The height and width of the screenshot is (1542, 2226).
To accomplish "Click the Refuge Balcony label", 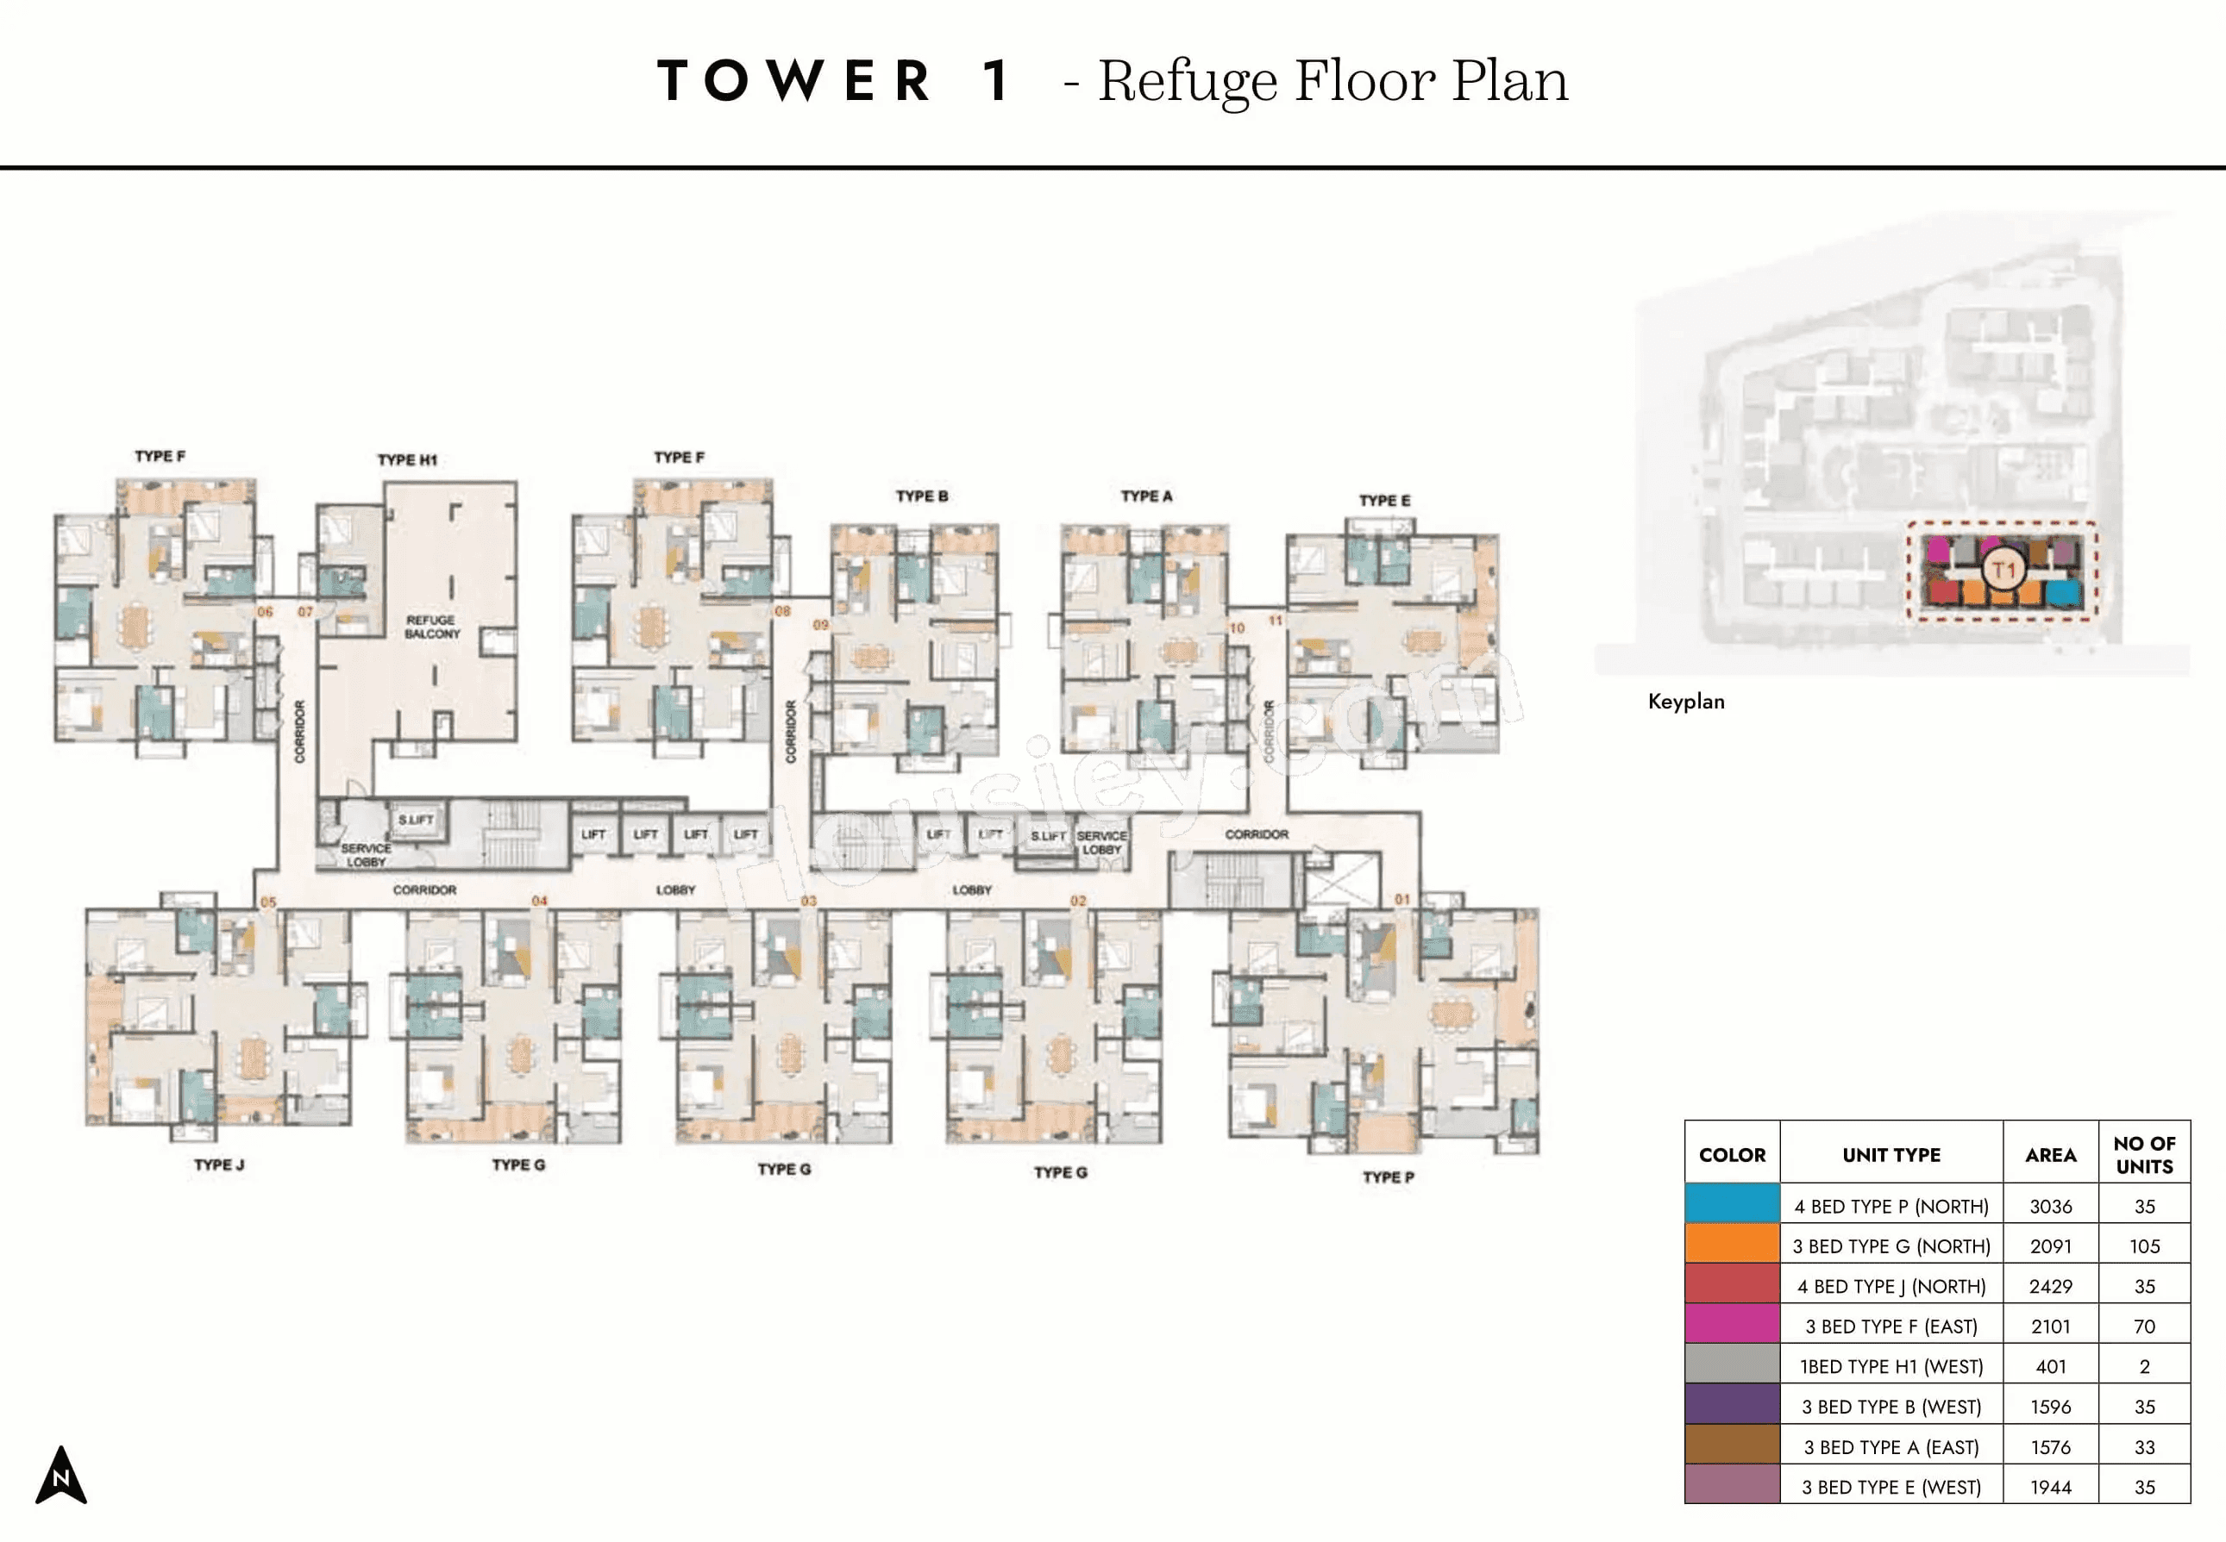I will [x=432, y=627].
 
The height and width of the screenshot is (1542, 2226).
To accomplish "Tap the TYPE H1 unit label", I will [x=407, y=460].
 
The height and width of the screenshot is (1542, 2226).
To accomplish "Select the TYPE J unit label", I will [x=218, y=1164].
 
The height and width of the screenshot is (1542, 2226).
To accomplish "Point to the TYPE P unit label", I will [x=1388, y=1177].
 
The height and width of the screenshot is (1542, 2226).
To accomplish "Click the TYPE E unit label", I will [x=1384, y=501].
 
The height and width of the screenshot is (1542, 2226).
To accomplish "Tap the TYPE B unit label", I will [x=921, y=496].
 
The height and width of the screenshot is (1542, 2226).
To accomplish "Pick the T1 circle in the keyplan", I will [x=2003, y=570].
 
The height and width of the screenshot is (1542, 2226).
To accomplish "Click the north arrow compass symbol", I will [x=61, y=1476].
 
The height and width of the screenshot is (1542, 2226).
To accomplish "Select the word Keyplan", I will [x=1686, y=702].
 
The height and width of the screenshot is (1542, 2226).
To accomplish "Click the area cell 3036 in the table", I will [x=2050, y=1206].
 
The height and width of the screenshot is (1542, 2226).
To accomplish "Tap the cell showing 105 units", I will [x=2144, y=1246].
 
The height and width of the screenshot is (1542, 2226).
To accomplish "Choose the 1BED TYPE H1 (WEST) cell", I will [x=1891, y=1366].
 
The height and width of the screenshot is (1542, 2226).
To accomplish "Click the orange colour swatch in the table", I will [x=1731, y=1245].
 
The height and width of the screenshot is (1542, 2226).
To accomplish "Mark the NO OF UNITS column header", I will [x=2144, y=1155].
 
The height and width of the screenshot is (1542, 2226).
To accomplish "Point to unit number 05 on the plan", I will [x=267, y=902].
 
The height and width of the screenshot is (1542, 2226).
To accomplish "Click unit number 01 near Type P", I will [x=1401, y=900].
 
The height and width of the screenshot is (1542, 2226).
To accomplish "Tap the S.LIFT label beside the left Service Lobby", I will [x=416, y=821].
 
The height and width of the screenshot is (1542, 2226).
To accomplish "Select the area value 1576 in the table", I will [x=2050, y=1447].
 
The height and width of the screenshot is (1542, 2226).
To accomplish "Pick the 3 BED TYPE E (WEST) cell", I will [x=1891, y=1487].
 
